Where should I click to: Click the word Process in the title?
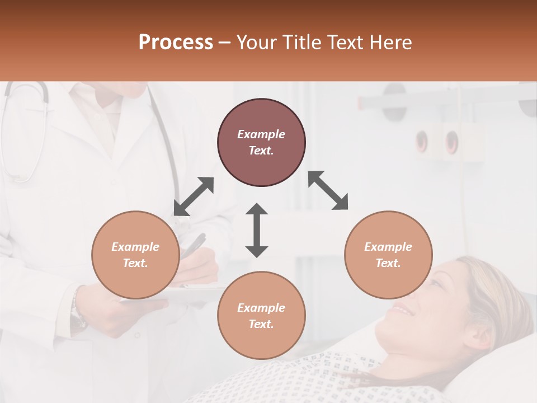click(x=176, y=43)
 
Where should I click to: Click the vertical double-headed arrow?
click(x=257, y=230)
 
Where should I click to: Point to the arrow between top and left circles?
click(x=194, y=196)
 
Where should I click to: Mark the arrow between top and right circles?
click(x=328, y=190)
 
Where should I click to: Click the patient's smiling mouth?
click(x=402, y=308)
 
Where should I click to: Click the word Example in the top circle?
click(x=261, y=134)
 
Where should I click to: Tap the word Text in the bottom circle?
click(x=261, y=324)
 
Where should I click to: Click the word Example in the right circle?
click(x=388, y=247)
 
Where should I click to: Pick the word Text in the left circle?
click(x=135, y=263)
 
